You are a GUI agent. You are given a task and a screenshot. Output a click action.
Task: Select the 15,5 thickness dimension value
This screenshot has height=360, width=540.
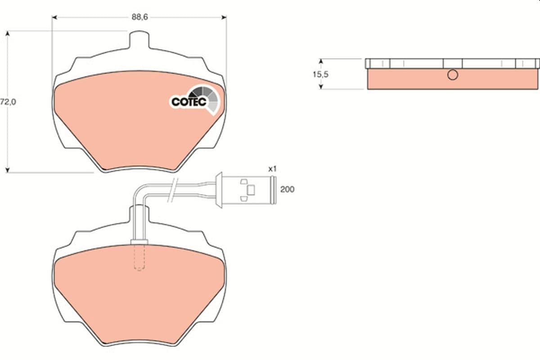[321, 74]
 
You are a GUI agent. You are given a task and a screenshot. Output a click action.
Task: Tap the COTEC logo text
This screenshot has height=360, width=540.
[189, 102]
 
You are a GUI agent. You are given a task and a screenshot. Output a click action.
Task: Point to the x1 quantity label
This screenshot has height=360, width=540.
[272, 169]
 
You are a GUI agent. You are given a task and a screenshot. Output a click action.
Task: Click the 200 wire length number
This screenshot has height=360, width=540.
[287, 189]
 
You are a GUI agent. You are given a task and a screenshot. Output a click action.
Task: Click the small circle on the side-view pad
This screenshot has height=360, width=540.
[453, 75]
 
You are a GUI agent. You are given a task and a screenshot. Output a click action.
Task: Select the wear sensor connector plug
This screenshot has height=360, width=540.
[245, 190]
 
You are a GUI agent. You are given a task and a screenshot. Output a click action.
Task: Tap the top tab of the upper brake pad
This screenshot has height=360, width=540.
[139, 39]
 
